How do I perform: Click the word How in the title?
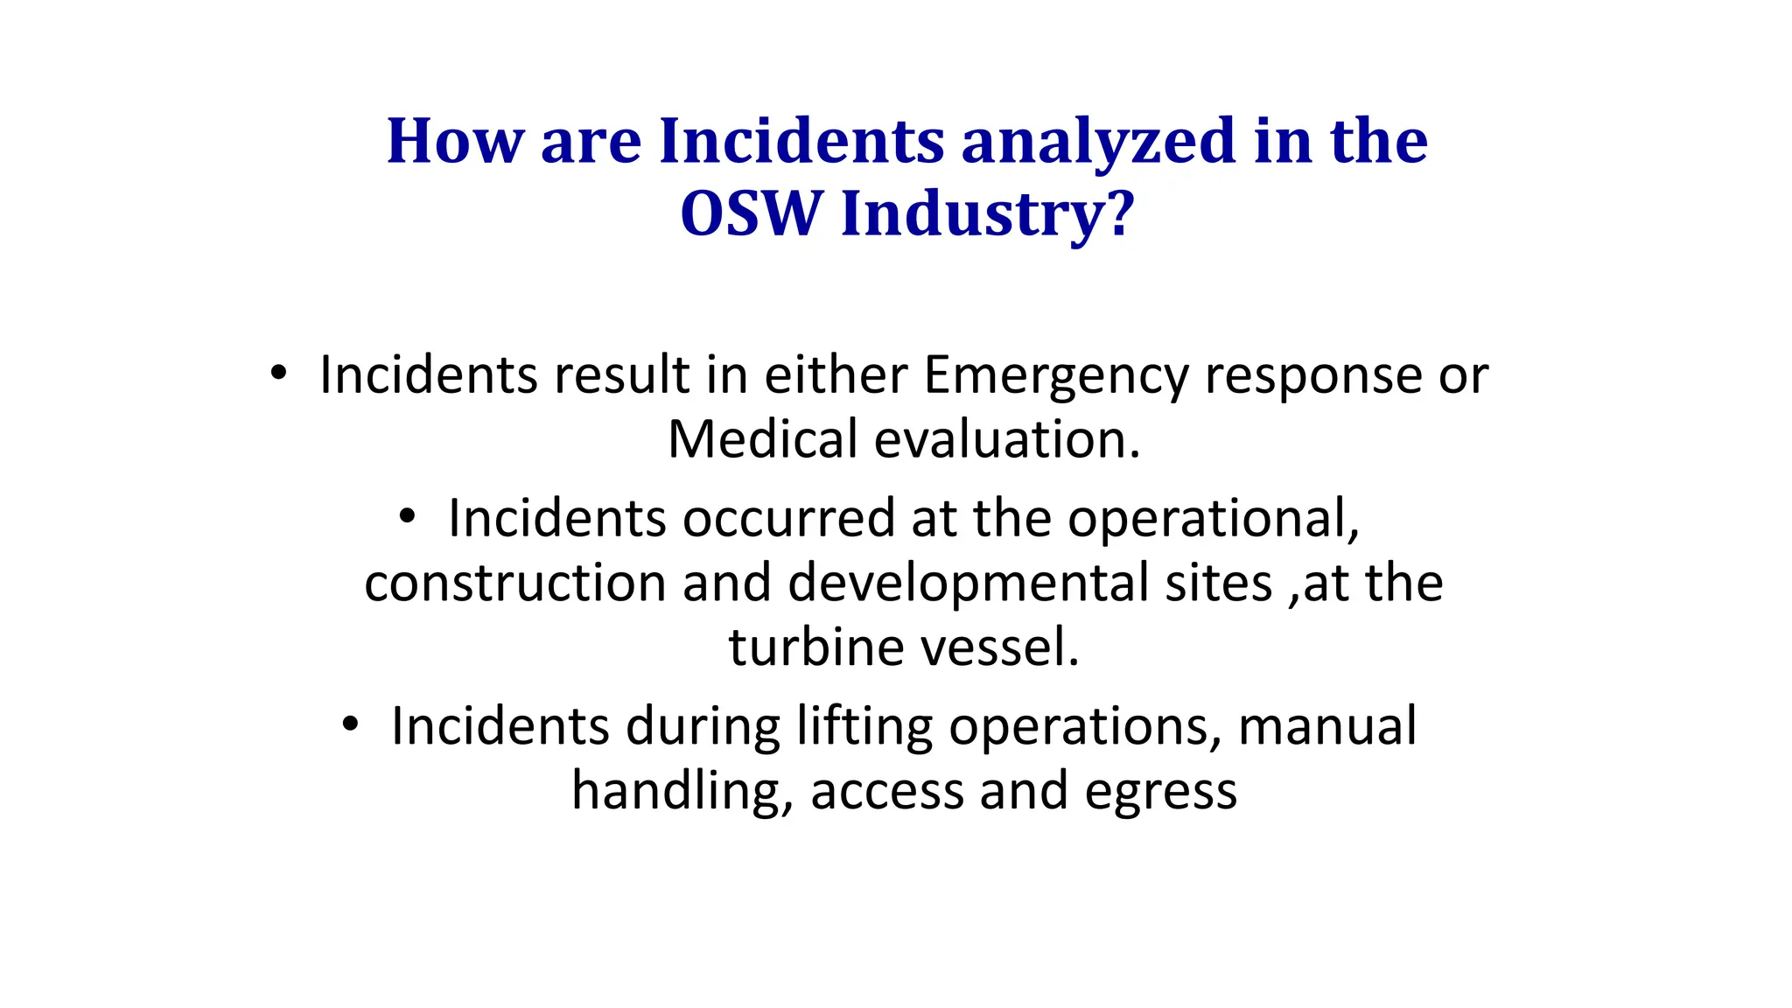pyautogui.click(x=455, y=141)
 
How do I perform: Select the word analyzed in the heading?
pyautogui.click(x=1098, y=143)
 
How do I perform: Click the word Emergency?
pyautogui.click(x=1056, y=376)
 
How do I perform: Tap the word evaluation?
pyautogui.click(x=1007, y=439)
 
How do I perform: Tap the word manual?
pyautogui.click(x=1327, y=726)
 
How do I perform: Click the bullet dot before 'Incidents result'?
pyautogui.click(x=278, y=374)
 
